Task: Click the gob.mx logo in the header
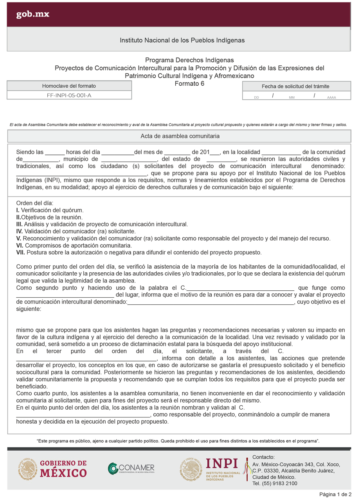click(x=32, y=15)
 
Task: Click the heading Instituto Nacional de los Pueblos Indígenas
click(x=182, y=40)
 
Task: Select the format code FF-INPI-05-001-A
click(x=69, y=95)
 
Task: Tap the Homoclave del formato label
click(x=69, y=86)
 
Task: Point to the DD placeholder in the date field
click(x=256, y=97)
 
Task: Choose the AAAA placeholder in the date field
click(x=331, y=97)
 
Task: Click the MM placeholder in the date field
click(x=292, y=97)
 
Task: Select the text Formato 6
click(x=189, y=83)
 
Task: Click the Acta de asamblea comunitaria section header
click(x=180, y=136)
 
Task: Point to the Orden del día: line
click(x=34, y=203)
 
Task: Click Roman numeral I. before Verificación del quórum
click(x=18, y=210)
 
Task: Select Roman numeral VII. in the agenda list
click(x=20, y=252)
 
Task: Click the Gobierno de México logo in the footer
click(x=52, y=469)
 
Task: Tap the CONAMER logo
click(x=131, y=468)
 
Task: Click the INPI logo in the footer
click(x=211, y=469)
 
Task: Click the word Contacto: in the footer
click(x=264, y=457)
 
